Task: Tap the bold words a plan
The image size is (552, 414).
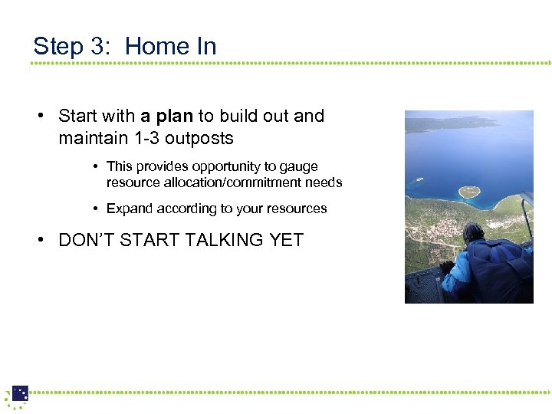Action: pos(167,117)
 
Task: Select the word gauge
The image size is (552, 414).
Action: pos(301,166)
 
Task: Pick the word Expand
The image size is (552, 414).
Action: pos(128,209)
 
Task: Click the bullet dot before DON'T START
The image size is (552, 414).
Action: pos(40,240)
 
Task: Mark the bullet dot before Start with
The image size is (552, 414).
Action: pos(40,117)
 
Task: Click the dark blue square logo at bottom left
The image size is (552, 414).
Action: pos(20,393)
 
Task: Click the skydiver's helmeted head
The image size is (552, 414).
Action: pos(474,232)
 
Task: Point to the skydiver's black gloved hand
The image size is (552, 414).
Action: pos(446,268)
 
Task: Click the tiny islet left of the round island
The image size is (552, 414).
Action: pos(419,179)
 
